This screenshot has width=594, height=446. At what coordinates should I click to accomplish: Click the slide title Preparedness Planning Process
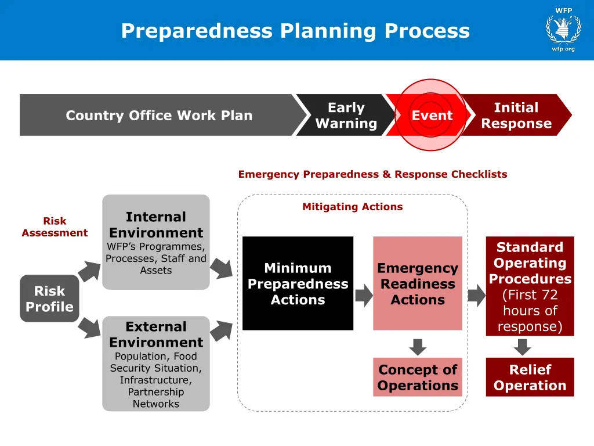pyautogui.click(x=295, y=30)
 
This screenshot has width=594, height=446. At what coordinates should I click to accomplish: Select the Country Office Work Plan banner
pyautogui.click(x=159, y=115)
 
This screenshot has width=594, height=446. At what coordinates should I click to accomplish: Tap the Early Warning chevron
pyautogui.click(x=346, y=115)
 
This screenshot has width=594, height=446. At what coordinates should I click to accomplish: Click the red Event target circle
pyautogui.click(x=432, y=115)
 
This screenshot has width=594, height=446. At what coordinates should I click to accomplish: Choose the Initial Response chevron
pyautogui.click(x=516, y=115)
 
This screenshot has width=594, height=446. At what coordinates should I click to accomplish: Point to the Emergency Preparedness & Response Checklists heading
pyautogui.click(x=372, y=174)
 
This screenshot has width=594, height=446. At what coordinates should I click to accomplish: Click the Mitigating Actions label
pyautogui.click(x=352, y=207)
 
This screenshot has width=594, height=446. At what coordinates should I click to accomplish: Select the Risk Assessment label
pyautogui.click(x=55, y=227)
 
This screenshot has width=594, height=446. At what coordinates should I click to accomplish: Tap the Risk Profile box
pyautogui.click(x=49, y=298)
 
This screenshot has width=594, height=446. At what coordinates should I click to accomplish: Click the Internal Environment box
pyautogui.click(x=156, y=242)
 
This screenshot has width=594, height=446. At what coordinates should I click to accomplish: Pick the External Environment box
pyautogui.click(x=156, y=364)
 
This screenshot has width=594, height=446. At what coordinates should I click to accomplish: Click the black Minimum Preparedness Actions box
pyautogui.click(x=298, y=283)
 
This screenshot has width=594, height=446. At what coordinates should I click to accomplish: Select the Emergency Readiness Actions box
pyautogui.click(x=418, y=283)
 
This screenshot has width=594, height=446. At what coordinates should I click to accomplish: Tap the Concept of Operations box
pyautogui.click(x=418, y=377)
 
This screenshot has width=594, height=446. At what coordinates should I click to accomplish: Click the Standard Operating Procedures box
pyautogui.click(x=530, y=286)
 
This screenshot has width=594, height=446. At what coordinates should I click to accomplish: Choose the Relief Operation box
pyautogui.click(x=530, y=377)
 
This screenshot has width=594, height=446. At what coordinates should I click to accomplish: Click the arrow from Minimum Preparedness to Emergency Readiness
pyautogui.click(x=364, y=296)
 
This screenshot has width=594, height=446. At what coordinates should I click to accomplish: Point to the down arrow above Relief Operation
pyautogui.click(x=523, y=347)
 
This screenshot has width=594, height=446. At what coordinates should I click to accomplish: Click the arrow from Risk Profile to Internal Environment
pyautogui.click(x=89, y=271)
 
